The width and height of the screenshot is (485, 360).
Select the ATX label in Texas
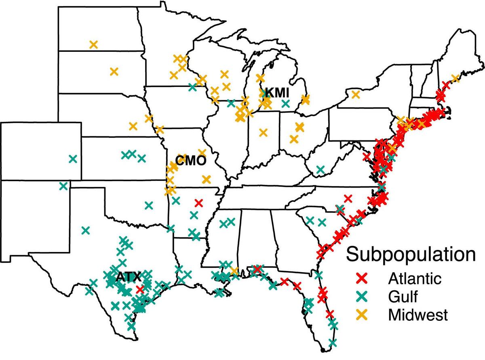click(x=129, y=277)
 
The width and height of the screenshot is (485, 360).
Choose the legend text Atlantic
click(x=413, y=279)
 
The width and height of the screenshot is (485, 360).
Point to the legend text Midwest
click(x=418, y=315)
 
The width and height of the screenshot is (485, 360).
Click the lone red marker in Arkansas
click(x=198, y=202)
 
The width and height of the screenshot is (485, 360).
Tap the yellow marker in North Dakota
click(x=94, y=44)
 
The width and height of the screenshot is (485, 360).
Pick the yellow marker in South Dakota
click(x=114, y=72)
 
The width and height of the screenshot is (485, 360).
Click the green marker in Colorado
click(x=73, y=159)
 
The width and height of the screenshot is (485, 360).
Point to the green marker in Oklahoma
click(x=149, y=205)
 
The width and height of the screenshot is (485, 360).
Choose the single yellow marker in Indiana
click(x=264, y=132)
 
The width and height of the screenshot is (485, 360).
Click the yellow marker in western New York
click(x=356, y=95)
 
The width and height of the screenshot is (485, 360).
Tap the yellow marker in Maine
click(x=455, y=78)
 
